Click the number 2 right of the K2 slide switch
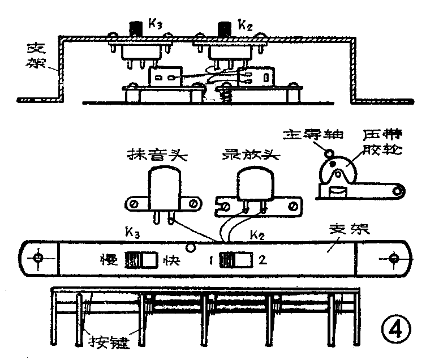(x=263, y=261)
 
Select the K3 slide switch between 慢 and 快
(x=140, y=260)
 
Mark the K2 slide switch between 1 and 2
(x=235, y=260)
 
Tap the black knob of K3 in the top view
(x=136, y=28)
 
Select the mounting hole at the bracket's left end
(x=38, y=258)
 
